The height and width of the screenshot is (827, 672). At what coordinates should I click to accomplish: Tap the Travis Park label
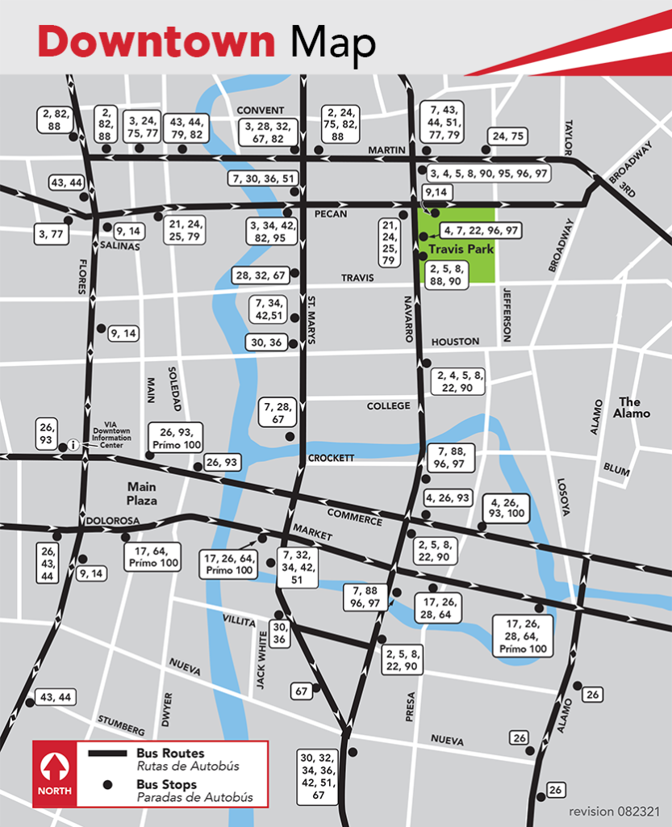tap(461, 250)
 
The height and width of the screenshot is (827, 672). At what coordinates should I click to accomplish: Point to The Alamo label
tap(629, 408)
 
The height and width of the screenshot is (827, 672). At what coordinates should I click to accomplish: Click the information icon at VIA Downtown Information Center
tap(73, 444)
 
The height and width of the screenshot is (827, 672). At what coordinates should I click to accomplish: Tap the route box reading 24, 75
tap(507, 136)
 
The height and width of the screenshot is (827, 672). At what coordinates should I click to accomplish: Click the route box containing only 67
tap(302, 691)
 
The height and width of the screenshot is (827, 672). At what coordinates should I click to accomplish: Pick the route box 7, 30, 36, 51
tap(263, 178)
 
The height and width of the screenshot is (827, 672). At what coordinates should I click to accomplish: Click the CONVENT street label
tap(260, 111)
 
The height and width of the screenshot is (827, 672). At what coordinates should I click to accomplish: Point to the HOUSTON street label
tap(455, 342)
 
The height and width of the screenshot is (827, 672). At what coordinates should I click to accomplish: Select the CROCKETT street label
tap(331, 458)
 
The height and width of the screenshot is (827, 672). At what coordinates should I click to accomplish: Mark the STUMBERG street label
tap(121, 719)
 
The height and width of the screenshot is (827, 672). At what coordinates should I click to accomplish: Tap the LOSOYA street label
tap(563, 497)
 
